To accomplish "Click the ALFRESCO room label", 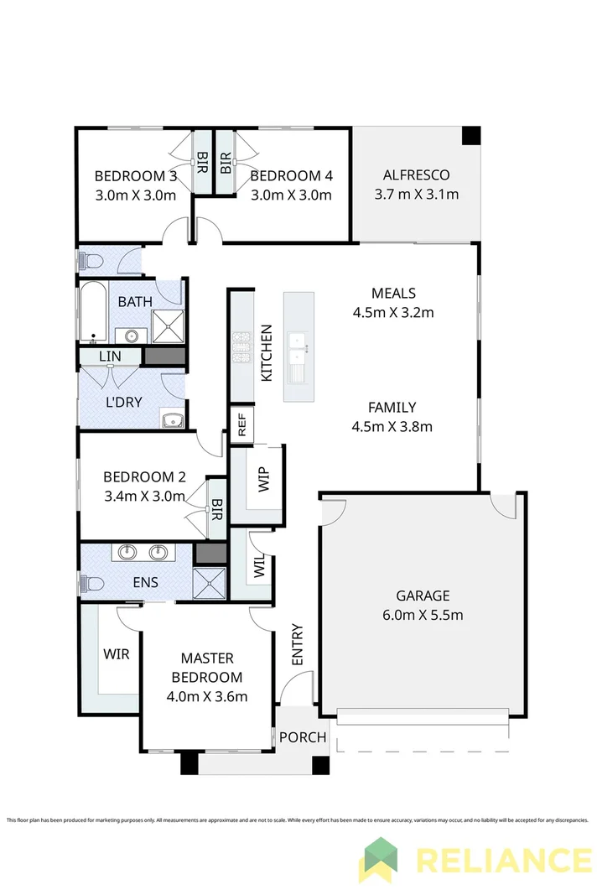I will click(x=416, y=175).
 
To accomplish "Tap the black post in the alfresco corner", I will click(x=471, y=136).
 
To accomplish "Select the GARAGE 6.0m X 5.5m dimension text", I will click(x=423, y=615).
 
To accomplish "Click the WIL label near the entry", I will click(x=257, y=567).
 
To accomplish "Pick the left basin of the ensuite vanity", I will click(x=127, y=553).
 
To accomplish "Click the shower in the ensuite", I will click(x=210, y=581).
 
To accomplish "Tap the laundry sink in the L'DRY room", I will click(x=173, y=420).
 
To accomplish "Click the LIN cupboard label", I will click(x=109, y=356).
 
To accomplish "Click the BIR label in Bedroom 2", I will click(x=216, y=507).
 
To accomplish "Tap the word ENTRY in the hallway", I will click(x=298, y=645).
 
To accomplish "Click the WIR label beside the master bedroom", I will click(x=117, y=653).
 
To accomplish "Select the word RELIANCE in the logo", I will click(x=503, y=861).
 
